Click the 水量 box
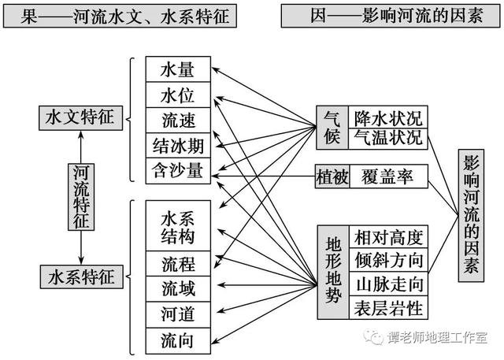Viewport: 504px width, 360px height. click(178, 69)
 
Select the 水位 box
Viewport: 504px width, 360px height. click(178, 95)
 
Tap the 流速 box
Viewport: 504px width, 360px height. click(178, 121)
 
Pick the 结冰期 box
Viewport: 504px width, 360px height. click(178, 145)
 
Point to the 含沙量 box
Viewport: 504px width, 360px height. click(178, 171)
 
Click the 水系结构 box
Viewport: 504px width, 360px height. click(178, 225)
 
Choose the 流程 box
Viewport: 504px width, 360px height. click(178, 264)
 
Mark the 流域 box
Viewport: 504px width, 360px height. click(178, 289)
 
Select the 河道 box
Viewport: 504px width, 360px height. click(178, 314)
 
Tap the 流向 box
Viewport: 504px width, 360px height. click(178, 341)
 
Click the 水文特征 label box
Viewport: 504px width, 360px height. click(80, 118)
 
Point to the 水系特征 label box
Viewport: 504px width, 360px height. click(82, 276)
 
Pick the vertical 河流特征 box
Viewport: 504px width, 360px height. click(81, 197)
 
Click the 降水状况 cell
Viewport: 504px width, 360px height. click(388, 117)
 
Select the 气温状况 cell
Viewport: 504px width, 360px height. click(388, 139)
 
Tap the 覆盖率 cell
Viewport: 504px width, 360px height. click(388, 176)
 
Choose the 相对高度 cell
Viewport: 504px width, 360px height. click(388, 236)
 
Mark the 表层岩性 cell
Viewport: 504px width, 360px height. click(388, 307)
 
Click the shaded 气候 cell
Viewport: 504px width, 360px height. click(332, 128)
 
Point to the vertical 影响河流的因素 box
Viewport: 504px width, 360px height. click(471, 215)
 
